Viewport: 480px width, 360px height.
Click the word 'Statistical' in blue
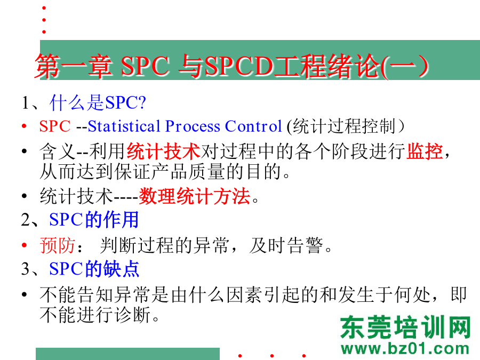click(x=124, y=126)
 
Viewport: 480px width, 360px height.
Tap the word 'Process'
click(x=193, y=126)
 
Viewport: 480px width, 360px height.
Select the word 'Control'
click(x=253, y=126)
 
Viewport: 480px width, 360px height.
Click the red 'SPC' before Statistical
click(x=55, y=126)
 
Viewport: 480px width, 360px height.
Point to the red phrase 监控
click(x=425, y=151)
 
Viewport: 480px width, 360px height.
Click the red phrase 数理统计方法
click(x=195, y=196)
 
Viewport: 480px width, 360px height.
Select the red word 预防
click(x=57, y=245)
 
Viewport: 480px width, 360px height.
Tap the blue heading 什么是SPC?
click(x=98, y=102)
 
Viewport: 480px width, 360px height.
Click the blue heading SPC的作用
click(x=94, y=220)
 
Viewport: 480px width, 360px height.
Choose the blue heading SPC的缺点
click(x=94, y=269)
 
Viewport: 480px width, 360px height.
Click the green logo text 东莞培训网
click(x=405, y=327)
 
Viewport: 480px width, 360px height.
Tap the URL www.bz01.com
click(x=405, y=349)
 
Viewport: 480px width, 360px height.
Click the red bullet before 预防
click(x=25, y=245)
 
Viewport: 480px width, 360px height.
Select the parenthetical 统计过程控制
click(x=345, y=126)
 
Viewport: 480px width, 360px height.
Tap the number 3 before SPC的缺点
click(x=26, y=269)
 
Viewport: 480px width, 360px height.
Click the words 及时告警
click(x=286, y=245)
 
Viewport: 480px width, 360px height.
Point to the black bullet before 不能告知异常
click(x=25, y=294)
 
